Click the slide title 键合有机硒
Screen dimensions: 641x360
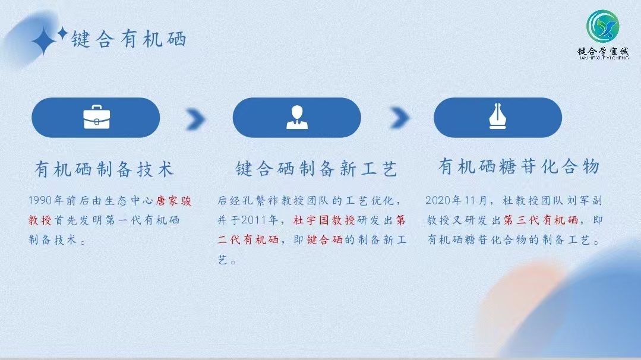click(x=129, y=39)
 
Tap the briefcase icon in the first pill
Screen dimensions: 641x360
click(x=96, y=117)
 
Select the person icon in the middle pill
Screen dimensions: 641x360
click(x=297, y=117)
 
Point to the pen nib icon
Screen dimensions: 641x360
click(x=497, y=116)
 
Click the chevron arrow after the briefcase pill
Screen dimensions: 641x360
click(x=195, y=119)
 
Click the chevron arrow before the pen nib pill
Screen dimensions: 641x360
click(x=399, y=118)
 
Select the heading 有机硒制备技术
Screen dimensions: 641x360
click(x=104, y=169)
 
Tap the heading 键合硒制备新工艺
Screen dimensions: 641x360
click(x=316, y=169)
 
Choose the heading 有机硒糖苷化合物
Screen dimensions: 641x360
click(x=519, y=166)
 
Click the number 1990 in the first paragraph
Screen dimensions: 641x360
click(x=40, y=200)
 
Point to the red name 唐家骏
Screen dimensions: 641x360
click(x=173, y=201)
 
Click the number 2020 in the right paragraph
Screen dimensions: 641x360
click(x=437, y=200)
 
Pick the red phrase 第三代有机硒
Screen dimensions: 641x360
click(x=541, y=220)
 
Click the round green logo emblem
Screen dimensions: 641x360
click(x=602, y=26)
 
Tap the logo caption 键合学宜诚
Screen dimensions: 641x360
click(x=603, y=52)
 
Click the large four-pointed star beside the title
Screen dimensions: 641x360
click(x=43, y=41)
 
